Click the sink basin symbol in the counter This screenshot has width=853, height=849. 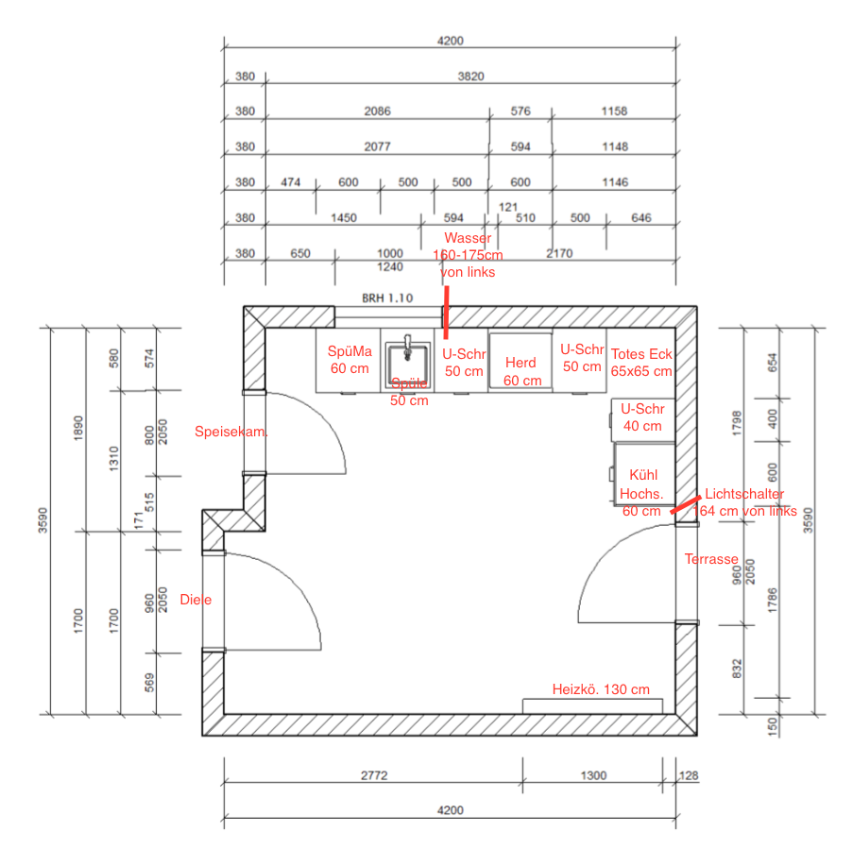point(408,352)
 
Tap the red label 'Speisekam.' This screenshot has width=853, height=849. point(230,432)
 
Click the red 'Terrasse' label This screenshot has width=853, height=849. point(711,559)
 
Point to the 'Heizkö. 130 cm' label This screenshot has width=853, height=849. point(601,689)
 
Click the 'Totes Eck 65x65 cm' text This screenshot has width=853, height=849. point(641,363)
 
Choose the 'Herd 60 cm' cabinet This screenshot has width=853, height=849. point(521,371)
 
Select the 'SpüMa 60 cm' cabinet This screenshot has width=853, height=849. point(350,360)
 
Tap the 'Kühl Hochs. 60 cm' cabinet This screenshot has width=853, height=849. point(641,492)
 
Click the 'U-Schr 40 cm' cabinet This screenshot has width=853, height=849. point(642,417)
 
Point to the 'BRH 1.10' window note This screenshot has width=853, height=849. point(387,297)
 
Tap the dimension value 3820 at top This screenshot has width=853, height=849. point(470,76)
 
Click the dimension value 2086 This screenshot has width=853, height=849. point(377,111)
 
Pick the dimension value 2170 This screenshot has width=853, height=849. point(559,253)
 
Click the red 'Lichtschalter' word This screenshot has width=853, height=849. point(744,494)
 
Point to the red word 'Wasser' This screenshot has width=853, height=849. point(468,238)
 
